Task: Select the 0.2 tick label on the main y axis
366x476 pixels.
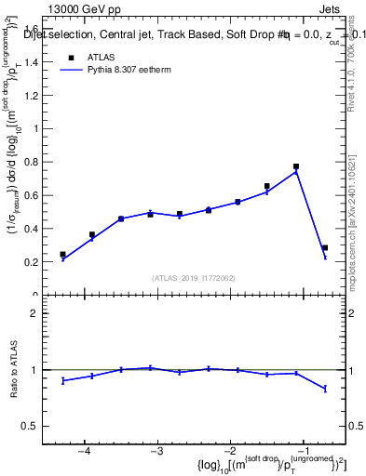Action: (34, 262)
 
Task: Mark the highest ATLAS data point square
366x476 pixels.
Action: (296, 166)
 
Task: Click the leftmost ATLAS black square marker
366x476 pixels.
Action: (63, 254)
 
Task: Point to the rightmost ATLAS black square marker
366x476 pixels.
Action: (324, 248)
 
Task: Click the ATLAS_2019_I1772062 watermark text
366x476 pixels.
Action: (194, 278)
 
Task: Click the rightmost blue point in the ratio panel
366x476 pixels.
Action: (324, 389)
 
